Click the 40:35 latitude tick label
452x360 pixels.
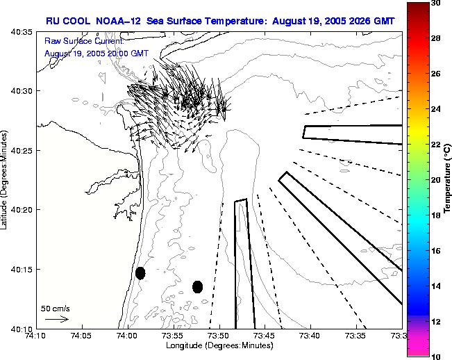pyautogui.click(x=19, y=32)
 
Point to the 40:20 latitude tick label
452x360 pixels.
pyautogui.click(x=19, y=210)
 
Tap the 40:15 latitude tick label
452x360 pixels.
pyautogui.click(x=19, y=270)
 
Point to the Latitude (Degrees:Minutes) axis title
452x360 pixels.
pyautogui.click(x=5, y=180)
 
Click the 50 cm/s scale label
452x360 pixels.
pyautogui.click(x=55, y=308)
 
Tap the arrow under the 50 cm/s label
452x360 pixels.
pyautogui.click(x=56, y=319)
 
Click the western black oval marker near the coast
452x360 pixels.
pyautogui.click(x=140, y=273)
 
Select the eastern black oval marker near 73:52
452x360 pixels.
pyautogui.click(x=197, y=286)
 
